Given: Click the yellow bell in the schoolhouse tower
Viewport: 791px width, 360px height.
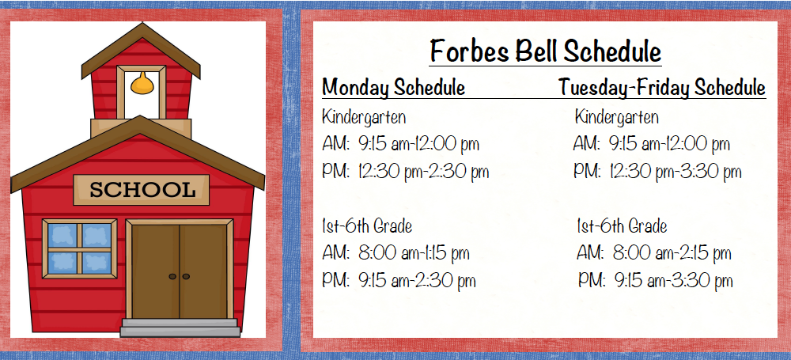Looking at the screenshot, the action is tap(142, 83).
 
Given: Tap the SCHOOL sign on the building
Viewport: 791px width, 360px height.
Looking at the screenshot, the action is tap(142, 190).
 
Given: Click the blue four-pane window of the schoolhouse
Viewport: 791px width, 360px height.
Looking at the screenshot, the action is tap(80, 248).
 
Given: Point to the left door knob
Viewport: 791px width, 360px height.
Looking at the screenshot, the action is tap(172, 277).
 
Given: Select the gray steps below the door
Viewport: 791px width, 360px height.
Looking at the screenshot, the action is tap(180, 328).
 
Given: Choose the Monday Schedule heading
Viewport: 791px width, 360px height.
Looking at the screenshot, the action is tap(393, 88).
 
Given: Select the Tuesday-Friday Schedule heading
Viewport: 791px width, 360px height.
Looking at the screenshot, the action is tap(662, 88).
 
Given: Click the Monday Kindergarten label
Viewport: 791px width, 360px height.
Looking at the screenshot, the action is tap(364, 118).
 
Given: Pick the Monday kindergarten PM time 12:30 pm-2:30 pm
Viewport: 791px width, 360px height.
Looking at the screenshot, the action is tap(424, 172).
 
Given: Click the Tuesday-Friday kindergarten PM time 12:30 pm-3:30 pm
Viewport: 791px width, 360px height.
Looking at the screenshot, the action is tap(676, 172).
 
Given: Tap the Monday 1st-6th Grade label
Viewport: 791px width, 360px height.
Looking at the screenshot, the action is tap(367, 226).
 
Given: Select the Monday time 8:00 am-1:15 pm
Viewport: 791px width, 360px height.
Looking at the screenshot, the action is tap(414, 253).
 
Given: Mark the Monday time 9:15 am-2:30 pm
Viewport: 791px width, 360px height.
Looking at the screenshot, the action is tap(417, 281).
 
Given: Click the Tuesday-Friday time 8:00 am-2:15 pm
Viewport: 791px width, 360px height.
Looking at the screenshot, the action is tap(672, 253).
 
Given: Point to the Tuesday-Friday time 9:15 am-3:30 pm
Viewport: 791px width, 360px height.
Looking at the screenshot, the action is tap(673, 281).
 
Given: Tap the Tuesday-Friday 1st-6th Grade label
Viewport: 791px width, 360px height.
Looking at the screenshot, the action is tap(622, 226).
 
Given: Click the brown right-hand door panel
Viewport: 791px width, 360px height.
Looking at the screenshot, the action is tap(202, 271).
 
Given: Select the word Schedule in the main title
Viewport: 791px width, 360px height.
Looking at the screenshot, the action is tap(613, 51).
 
